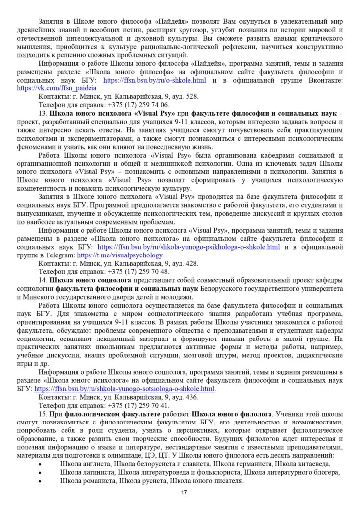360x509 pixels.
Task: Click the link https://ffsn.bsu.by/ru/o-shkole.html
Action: click(155, 80)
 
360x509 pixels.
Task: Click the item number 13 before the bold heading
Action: click(43, 113)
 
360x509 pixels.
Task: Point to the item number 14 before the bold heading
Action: click(43, 280)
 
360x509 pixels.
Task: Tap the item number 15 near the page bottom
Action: click(43, 414)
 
